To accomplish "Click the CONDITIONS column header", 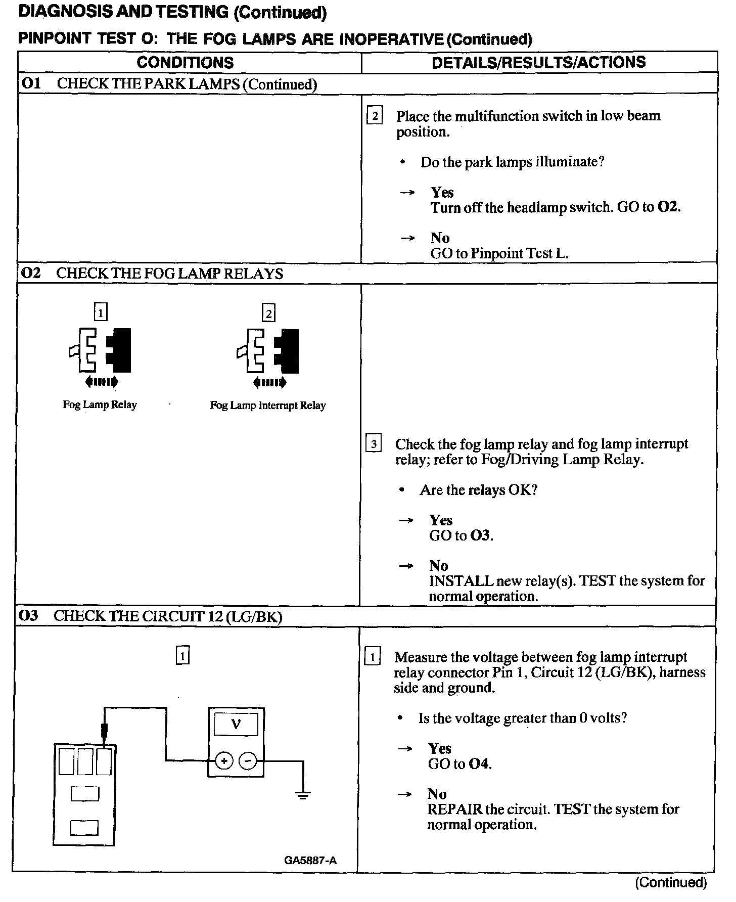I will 185,63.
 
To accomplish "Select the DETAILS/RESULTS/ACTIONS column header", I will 538,62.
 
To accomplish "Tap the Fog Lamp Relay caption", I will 100,404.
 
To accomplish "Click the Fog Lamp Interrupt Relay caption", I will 268,405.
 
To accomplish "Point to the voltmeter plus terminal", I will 224,760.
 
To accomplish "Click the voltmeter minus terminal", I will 247,760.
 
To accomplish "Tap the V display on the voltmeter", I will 236,724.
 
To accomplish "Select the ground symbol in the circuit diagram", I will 303,795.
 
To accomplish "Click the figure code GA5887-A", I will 310,860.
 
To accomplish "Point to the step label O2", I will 31,273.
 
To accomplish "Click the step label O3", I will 28,616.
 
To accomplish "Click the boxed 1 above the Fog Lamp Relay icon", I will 101,313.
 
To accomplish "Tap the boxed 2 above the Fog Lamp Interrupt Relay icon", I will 268,313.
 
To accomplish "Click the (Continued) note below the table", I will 670,883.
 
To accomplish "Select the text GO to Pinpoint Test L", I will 499,253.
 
